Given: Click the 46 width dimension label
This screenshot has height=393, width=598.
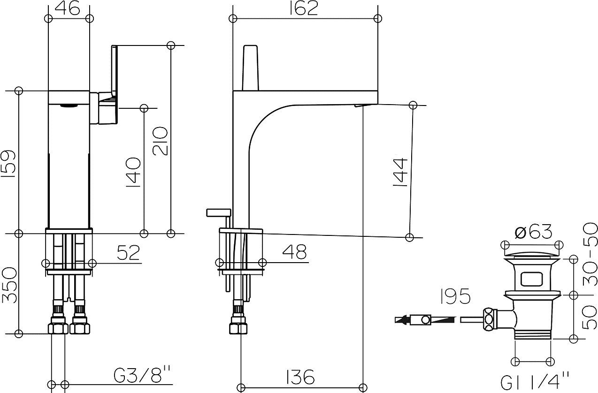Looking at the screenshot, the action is click(68, 8).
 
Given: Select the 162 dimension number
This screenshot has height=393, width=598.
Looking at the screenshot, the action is click(304, 8).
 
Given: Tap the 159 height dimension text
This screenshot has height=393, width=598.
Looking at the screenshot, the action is click(9, 164).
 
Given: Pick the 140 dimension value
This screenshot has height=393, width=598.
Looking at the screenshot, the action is click(133, 172).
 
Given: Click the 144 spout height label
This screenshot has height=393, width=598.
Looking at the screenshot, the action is click(400, 172).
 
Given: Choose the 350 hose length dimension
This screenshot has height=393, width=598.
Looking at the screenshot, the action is click(9, 285).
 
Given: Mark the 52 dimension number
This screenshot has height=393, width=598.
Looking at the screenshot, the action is click(129, 252).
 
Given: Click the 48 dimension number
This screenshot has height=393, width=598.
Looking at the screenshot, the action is click(294, 252).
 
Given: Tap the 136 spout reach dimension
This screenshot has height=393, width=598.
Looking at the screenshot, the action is click(300, 377).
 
